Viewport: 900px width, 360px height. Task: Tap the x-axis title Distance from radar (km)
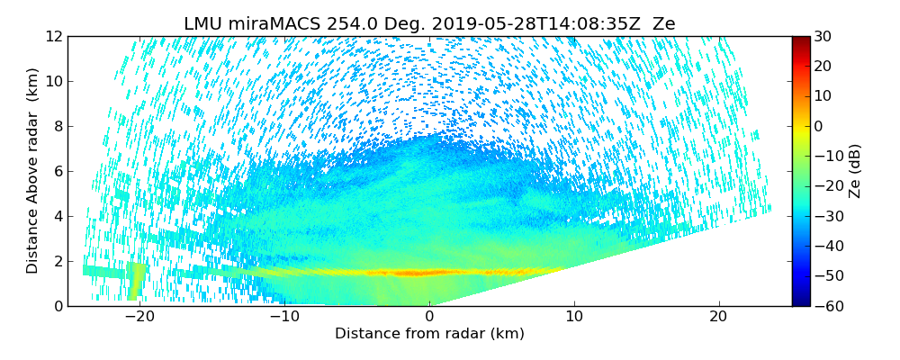pyautogui.click(x=429, y=334)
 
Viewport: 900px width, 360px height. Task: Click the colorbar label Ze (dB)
pyautogui.click(x=855, y=170)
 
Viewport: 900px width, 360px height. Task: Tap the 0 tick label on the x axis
pyautogui.click(x=430, y=318)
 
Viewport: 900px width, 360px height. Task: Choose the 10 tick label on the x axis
pyautogui.click(x=574, y=318)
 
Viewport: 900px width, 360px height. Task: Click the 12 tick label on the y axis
pyautogui.click(x=53, y=36)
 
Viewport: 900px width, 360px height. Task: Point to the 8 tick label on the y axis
pyautogui.click(x=57, y=126)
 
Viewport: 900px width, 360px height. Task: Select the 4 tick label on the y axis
pyautogui.click(x=57, y=216)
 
